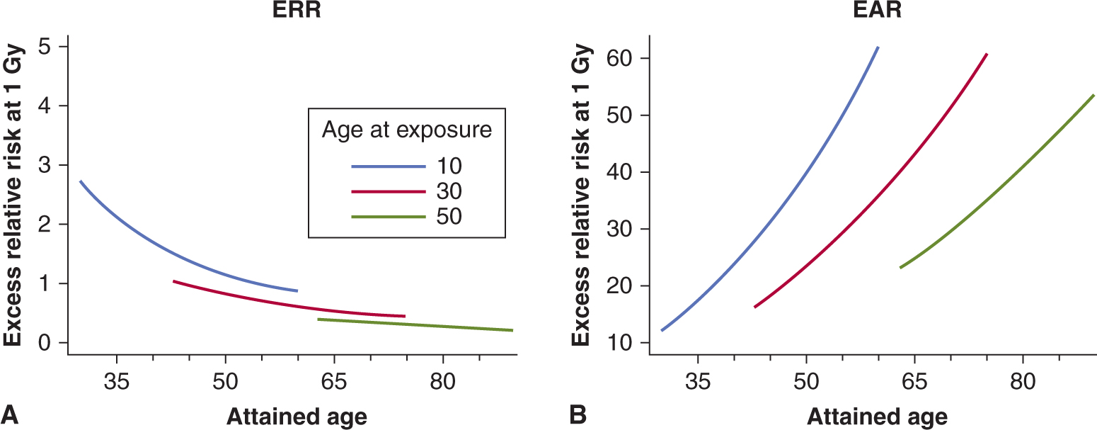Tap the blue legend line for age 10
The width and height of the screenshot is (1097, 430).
pos(389,166)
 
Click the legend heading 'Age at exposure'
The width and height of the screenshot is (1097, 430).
pos(407,132)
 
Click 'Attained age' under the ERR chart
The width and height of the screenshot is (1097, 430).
pos(297,417)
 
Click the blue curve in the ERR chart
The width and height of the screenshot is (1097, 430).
pos(177,255)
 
